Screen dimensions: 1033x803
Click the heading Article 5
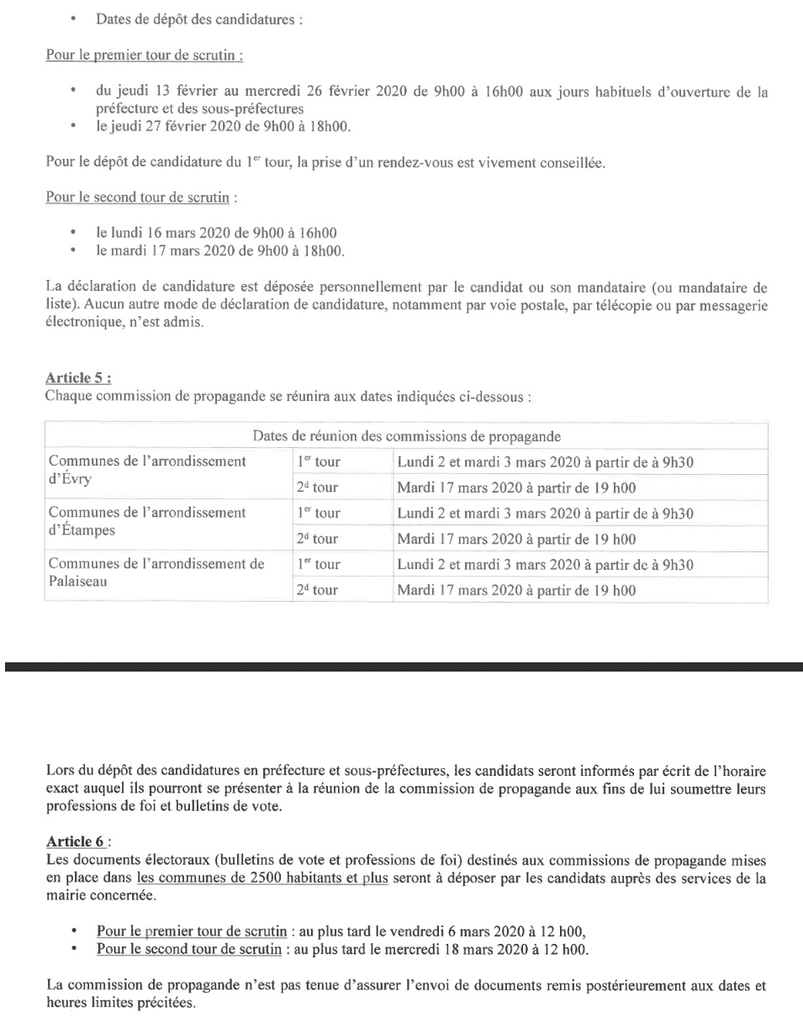(x=79, y=378)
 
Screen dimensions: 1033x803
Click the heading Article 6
(x=79, y=841)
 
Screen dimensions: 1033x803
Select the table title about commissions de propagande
(x=406, y=436)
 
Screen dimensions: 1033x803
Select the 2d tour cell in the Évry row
(x=317, y=488)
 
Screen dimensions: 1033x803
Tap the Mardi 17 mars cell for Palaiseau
(x=515, y=591)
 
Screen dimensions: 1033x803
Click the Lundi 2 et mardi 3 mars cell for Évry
(x=544, y=461)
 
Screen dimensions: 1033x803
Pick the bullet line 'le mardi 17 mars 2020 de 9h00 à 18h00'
(x=220, y=250)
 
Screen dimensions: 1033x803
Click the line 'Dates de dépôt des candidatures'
(x=198, y=18)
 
